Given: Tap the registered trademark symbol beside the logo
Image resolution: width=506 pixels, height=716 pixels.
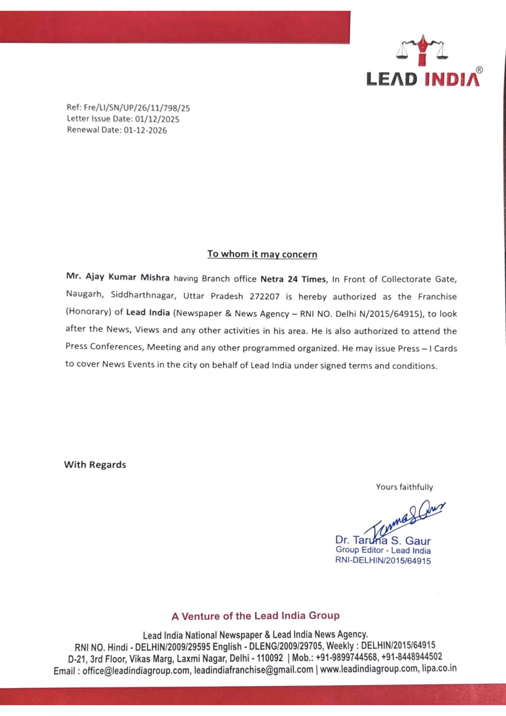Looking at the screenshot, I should tap(479, 70).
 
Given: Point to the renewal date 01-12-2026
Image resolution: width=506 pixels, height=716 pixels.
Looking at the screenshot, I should tap(145, 130).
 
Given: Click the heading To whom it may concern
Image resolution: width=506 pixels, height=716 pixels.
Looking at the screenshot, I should tap(262, 254).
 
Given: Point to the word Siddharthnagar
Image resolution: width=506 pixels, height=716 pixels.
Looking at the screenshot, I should tap(142, 295).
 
